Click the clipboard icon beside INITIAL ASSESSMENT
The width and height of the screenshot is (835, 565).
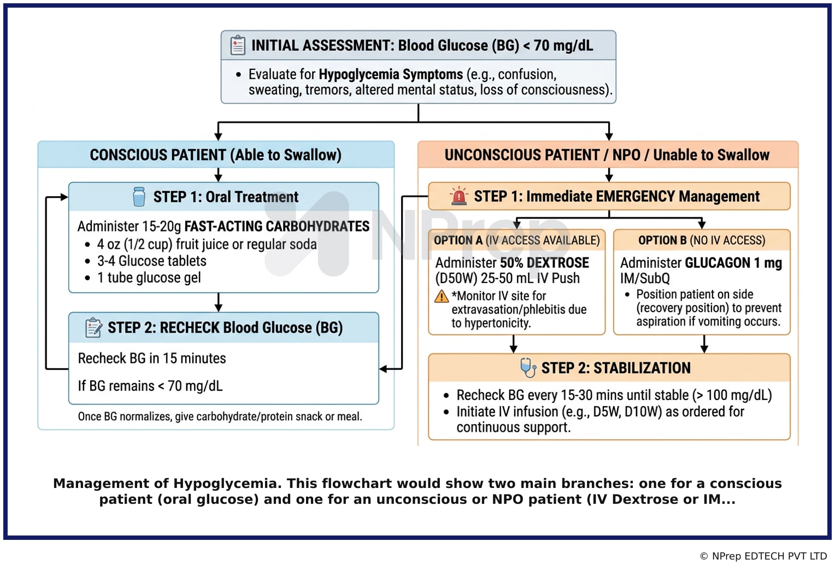click(x=238, y=45)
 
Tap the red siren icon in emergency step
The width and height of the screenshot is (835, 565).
click(x=459, y=196)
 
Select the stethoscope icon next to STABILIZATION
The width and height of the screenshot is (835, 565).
click(x=528, y=368)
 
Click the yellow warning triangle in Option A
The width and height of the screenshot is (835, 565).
click(x=442, y=296)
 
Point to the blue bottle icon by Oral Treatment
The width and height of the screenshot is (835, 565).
click(x=139, y=196)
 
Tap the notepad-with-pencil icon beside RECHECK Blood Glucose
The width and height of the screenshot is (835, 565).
click(x=93, y=328)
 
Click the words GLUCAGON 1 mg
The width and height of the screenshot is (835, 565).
click(x=733, y=263)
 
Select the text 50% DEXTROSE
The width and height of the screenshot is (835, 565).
click(x=544, y=263)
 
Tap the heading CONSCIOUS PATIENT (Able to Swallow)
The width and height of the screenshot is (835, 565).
click(x=215, y=155)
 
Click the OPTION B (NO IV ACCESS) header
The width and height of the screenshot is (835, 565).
click(x=702, y=240)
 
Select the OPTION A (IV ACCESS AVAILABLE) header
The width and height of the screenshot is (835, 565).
click(x=516, y=240)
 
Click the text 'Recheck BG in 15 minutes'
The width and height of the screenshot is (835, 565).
click(x=152, y=358)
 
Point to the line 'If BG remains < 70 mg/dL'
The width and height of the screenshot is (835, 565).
click(x=150, y=386)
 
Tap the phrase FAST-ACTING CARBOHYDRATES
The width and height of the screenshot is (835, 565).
click(x=277, y=226)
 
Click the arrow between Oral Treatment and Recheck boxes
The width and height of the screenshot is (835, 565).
click(x=219, y=302)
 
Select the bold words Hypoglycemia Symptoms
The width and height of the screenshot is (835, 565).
click(x=391, y=74)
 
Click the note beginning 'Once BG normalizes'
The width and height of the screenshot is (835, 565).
click(x=220, y=416)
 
